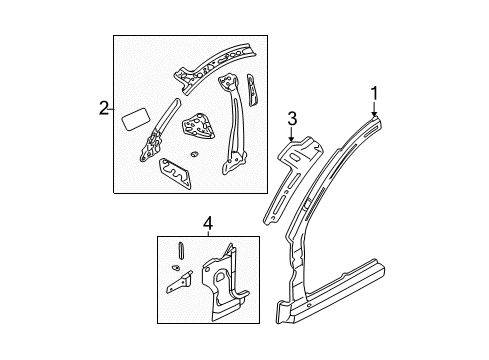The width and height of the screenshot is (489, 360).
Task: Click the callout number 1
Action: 374,94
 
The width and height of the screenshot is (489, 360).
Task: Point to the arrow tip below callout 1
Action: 375,117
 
